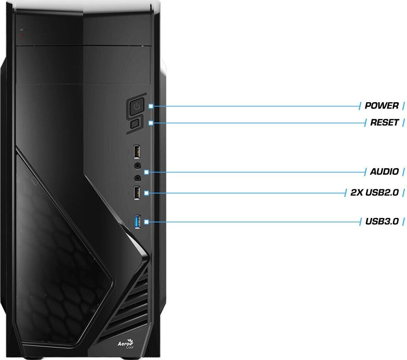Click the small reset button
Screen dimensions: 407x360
click(134, 124)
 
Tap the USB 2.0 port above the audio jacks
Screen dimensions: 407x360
click(136, 152)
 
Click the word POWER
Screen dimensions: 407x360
click(382, 106)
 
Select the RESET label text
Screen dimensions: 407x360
click(384, 123)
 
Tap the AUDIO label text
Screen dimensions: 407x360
click(384, 172)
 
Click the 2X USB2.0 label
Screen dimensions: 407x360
click(374, 193)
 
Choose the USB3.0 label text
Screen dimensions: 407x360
click(382, 222)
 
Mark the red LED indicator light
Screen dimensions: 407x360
click(22, 35)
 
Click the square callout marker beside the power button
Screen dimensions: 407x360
click(151, 106)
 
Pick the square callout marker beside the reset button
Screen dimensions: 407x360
click(151, 123)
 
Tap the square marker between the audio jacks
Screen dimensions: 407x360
click(147, 172)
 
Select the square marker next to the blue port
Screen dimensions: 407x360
click(147, 222)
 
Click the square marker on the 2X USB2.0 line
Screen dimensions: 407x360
click(147, 193)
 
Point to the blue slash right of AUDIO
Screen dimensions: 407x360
click(404, 172)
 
